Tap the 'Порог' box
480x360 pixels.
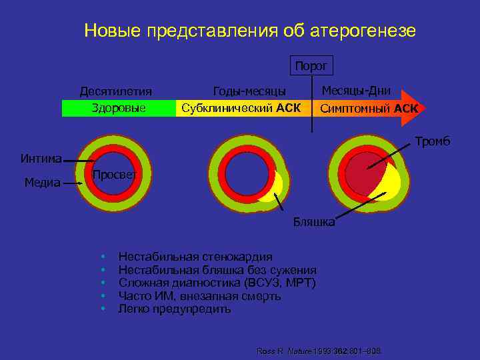311,65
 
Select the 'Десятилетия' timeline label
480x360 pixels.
115,91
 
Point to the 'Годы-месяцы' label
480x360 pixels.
249,91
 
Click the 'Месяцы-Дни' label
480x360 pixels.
356,91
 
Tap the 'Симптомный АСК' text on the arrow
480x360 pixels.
369,108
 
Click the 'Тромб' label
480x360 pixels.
433,141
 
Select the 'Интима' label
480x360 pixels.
41,159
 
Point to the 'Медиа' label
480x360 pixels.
43,182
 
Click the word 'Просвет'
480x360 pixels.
115,175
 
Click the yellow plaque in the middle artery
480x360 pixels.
271,189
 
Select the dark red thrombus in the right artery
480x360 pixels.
363,173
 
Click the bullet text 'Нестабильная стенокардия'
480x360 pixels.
195,257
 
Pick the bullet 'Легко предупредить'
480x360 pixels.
174,309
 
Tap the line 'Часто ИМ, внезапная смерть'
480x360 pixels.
199,296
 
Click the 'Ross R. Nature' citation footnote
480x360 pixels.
323,351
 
